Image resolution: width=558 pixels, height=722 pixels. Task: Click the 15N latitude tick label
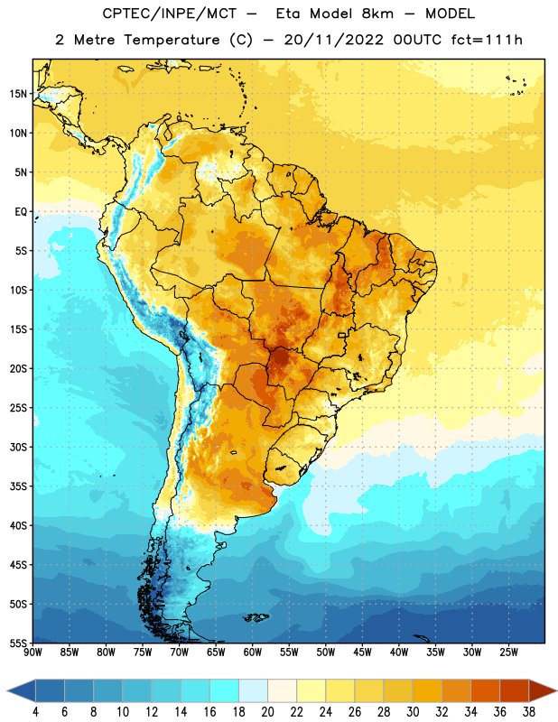tap(18, 94)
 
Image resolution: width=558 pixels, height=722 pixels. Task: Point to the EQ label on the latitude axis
tap(21, 212)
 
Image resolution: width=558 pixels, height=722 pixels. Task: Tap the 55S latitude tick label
tap(18, 643)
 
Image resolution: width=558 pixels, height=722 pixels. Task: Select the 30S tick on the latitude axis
tap(18, 447)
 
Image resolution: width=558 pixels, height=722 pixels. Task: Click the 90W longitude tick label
tap(33, 653)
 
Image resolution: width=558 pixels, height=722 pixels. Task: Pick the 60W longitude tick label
tap(253, 653)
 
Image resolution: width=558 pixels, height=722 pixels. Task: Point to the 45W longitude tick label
tap(362, 653)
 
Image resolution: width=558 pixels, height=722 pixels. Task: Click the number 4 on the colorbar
tap(35, 712)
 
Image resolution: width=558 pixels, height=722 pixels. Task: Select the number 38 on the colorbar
tap(529, 712)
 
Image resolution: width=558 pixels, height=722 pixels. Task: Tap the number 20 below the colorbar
tap(267, 712)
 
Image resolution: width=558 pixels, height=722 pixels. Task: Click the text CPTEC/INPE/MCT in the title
tap(169, 14)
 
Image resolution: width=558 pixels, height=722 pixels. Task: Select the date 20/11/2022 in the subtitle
tap(333, 40)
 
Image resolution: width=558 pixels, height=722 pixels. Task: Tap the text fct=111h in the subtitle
tap(487, 40)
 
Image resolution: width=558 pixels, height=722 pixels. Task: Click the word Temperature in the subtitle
tap(172, 41)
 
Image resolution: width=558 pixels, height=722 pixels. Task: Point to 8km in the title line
tap(377, 14)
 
